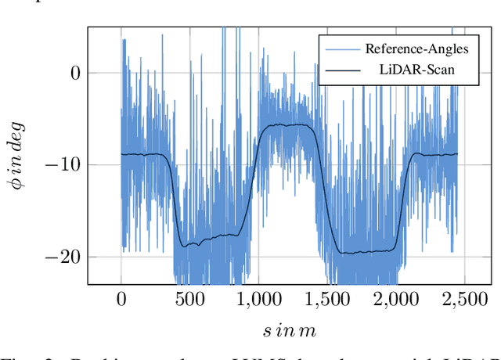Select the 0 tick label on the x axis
[121, 297]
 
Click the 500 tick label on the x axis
[189, 297]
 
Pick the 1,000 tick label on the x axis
[258, 297]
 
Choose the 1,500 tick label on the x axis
[326, 297]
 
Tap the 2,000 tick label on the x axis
[395, 297]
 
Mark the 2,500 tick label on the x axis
[463, 297]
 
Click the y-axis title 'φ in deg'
[16, 155]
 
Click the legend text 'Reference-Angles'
[417, 49]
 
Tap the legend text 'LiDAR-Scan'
[417, 70]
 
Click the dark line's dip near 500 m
[186, 247]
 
